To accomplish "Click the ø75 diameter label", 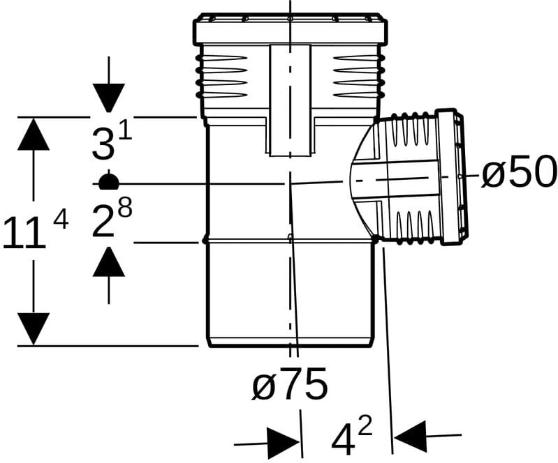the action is tap(290, 384).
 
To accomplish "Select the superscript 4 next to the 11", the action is tap(61, 220).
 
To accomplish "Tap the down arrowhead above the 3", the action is tap(108, 98).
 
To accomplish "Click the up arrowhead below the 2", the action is tap(108, 261).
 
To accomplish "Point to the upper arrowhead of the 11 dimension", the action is tap(34, 134).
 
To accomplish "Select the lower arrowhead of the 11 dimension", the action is tap(34, 328).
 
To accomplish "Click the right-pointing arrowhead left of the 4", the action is tap(283, 443).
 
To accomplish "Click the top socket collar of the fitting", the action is tap(290, 29).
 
